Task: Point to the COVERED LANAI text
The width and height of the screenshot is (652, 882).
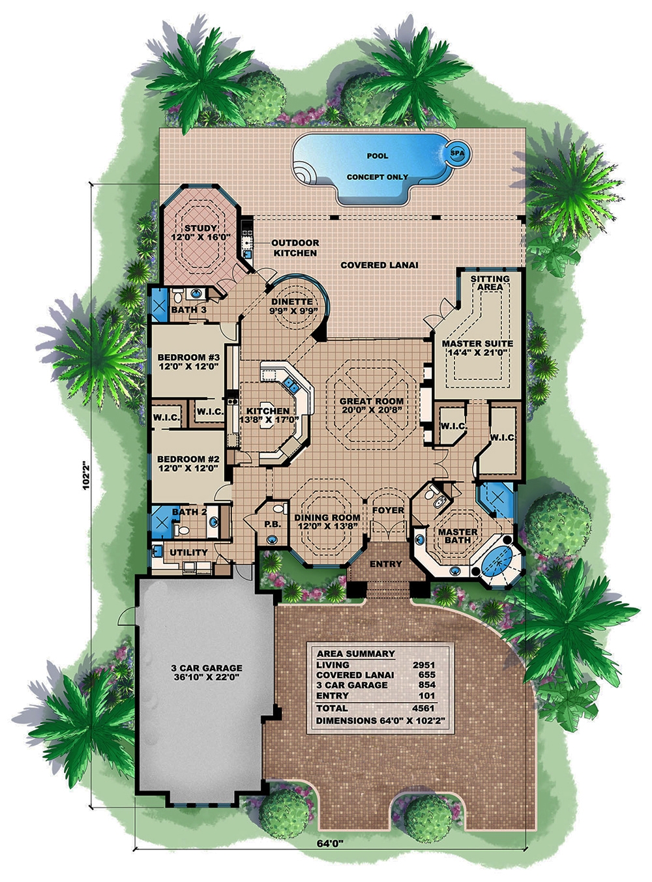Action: tap(379, 265)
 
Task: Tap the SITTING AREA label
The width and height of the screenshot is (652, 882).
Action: tap(490, 283)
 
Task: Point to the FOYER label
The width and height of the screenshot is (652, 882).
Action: tap(388, 510)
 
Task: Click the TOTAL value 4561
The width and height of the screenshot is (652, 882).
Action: tap(423, 708)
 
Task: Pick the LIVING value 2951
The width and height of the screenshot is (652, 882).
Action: tap(423, 664)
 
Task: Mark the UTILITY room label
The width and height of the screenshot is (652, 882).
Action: tap(189, 552)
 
